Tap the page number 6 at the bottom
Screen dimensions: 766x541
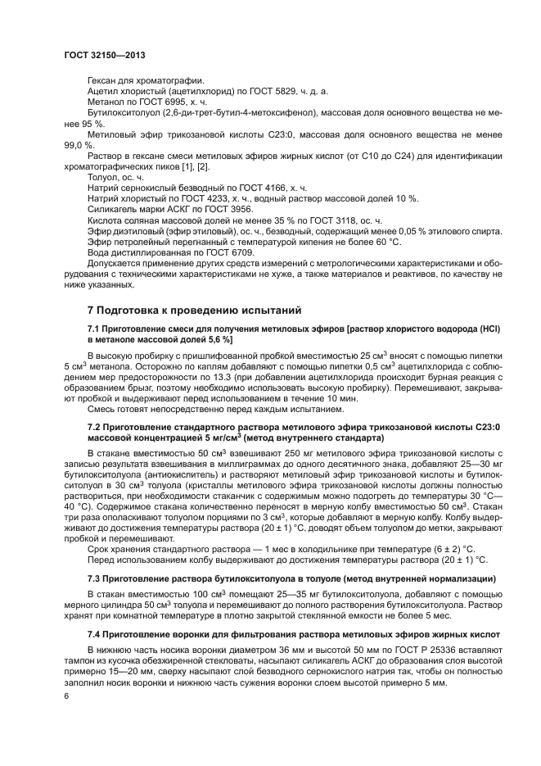click(65, 696)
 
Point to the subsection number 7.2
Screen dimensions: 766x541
click(96, 426)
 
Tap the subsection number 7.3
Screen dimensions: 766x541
click(96, 578)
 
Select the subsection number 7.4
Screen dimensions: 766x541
click(96, 635)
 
